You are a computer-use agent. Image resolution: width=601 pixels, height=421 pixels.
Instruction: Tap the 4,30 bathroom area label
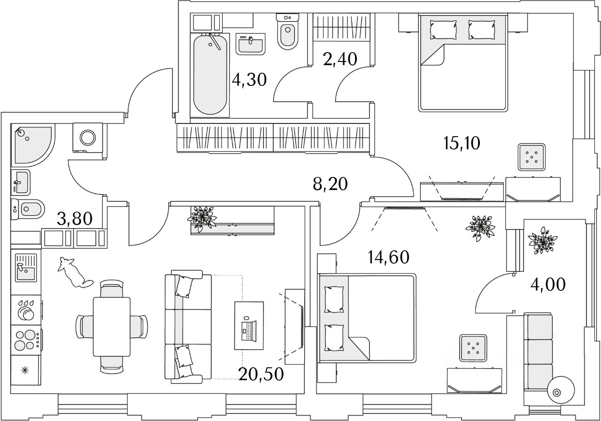[249, 80]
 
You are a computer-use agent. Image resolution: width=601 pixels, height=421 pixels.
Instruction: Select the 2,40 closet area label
[340, 59]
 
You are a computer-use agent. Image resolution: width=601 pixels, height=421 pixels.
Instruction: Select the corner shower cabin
[31, 144]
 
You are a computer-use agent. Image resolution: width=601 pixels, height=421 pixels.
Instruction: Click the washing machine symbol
[87, 137]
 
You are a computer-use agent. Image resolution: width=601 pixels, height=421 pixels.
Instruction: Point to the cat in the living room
[74, 272]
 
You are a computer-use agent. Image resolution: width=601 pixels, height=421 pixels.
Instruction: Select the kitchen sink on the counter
[26, 268]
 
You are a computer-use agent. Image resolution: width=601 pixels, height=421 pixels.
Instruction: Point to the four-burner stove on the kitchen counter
[26, 339]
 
